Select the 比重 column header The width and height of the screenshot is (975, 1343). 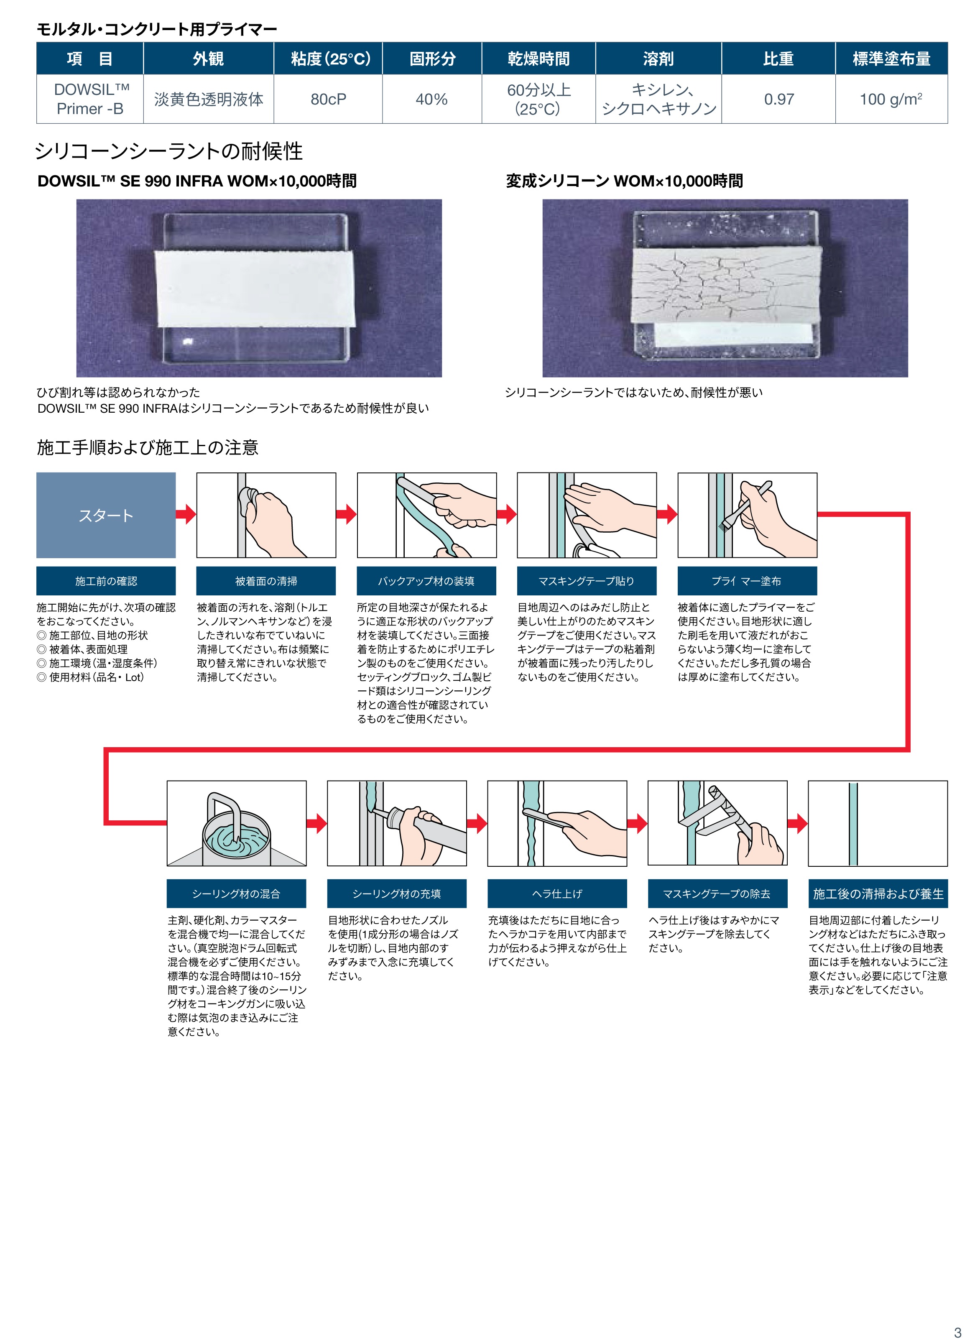point(778,59)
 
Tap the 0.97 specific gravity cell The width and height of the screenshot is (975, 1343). point(778,100)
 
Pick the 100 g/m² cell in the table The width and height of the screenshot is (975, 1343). point(891,99)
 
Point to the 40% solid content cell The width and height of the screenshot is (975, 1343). point(431,100)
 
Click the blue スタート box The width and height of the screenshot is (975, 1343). point(106,515)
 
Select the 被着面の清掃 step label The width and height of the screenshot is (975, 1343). point(266,581)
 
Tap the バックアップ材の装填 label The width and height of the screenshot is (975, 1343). point(426,581)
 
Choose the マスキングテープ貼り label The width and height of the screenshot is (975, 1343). point(587,581)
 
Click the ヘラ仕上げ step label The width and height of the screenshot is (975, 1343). point(557,894)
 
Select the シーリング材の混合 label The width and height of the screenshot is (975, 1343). point(236,894)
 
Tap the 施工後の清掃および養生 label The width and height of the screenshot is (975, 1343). point(878,894)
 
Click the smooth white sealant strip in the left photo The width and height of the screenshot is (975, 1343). point(255,288)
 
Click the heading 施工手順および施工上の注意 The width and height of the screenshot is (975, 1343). point(148,447)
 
